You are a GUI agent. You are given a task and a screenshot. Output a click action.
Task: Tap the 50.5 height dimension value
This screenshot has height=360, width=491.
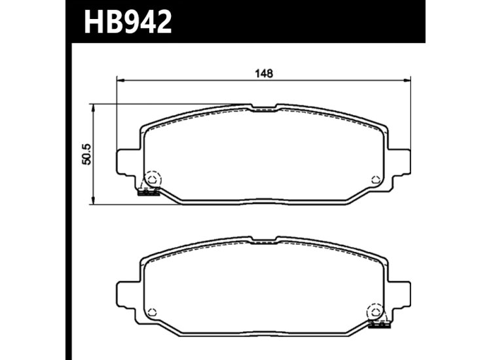coord(84,154)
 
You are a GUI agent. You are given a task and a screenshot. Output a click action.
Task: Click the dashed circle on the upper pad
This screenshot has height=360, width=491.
coord(153,179)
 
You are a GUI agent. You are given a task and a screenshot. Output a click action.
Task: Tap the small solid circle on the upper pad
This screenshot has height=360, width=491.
coord(374,180)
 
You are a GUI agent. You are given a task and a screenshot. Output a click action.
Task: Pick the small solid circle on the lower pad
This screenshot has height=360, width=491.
coord(153,312)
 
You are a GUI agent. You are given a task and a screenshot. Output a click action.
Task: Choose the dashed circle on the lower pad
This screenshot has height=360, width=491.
coord(375,312)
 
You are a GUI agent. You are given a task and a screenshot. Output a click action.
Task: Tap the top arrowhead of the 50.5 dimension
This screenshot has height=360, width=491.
coord(94,107)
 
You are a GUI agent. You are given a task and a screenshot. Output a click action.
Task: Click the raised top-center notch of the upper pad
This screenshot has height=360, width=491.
coord(264,107)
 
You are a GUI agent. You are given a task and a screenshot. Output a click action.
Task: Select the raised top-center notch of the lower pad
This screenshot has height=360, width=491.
coord(264,240)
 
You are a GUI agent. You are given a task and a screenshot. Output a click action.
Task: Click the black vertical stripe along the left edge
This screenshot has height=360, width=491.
coord(68,196)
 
